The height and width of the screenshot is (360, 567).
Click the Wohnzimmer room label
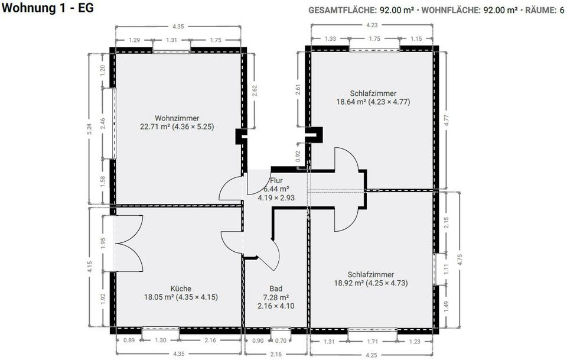point(177,118)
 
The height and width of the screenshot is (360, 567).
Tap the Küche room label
point(181,288)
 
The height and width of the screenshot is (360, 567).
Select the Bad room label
point(276,288)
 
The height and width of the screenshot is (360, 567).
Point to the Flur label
point(276,180)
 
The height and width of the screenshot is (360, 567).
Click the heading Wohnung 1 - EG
point(47,8)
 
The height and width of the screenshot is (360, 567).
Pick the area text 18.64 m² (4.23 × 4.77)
point(373,102)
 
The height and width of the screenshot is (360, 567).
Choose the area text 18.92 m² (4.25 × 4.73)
point(371,283)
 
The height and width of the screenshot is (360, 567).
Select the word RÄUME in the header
point(539,10)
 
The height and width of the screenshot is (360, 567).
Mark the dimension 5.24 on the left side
point(90,129)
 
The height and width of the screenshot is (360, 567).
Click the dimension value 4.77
point(447,121)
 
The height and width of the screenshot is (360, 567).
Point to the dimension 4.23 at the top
point(372,25)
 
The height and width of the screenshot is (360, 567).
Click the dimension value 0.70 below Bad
point(281,340)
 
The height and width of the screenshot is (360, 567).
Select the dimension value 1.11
point(447,269)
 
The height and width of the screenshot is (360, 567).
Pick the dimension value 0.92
point(298,156)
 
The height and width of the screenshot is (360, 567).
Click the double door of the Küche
point(128,243)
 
